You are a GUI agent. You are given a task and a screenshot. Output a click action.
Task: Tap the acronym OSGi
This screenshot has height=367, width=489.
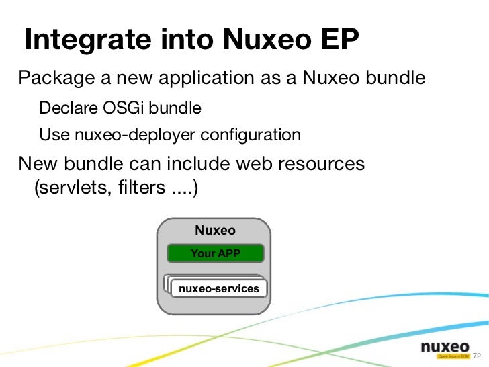coord(123,108)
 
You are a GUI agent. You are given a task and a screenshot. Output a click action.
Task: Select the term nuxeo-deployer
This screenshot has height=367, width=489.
coord(126,135)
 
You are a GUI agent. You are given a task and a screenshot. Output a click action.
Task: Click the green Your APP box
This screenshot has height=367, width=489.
coord(215,253)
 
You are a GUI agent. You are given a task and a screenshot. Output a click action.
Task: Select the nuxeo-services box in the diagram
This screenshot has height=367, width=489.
coord(218,288)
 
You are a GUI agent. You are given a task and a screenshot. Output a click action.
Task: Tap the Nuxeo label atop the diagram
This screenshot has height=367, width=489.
coord(215,231)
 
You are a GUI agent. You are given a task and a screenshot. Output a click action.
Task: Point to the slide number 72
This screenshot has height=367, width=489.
coord(478,356)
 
